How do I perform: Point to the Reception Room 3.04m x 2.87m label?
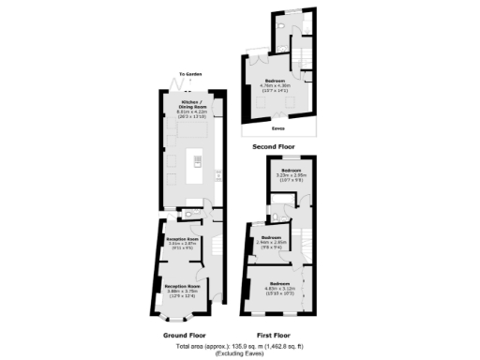coord(184,242)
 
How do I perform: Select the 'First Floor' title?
coord(273,334)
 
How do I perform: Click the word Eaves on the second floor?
coord(277,129)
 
